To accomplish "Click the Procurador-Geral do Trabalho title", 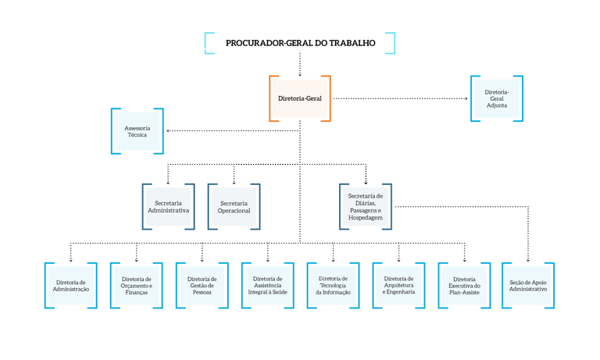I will [x=300, y=44].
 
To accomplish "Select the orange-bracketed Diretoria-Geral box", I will [x=300, y=98].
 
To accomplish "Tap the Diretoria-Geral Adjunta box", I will [x=497, y=98].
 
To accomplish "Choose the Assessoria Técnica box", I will [x=137, y=130].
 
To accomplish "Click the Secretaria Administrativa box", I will [x=168, y=207].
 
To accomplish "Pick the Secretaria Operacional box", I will [x=234, y=207].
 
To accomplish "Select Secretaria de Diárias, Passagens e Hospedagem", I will [x=366, y=207].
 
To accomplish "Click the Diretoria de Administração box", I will [x=71, y=285].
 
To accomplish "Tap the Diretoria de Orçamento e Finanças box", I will [x=137, y=285].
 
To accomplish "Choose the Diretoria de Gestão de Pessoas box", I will [x=202, y=285].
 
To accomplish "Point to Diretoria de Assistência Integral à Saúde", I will [x=268, y=285].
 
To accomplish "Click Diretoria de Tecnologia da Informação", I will [x=334, y=285].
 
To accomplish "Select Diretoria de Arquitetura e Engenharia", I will [x=399, y=285].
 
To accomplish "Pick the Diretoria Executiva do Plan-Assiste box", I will [x=465, y=285].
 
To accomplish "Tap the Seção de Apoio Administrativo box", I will [x=528, y=285].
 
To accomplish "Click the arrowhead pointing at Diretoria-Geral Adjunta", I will [x=466, y=98].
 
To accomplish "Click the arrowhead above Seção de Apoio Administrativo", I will [x=528, y=259].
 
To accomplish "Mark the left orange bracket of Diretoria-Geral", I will [x=272, y=98].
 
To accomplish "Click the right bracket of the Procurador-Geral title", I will [x=391, y=44].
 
